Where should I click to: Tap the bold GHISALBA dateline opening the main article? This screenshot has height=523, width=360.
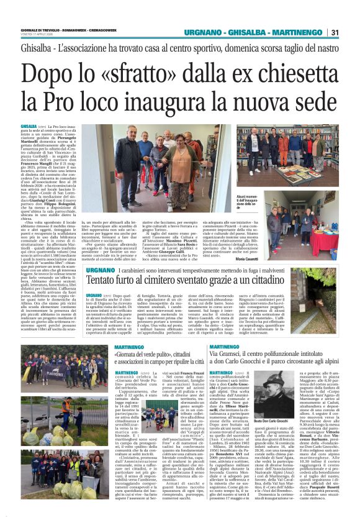click(x=29, y=126)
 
